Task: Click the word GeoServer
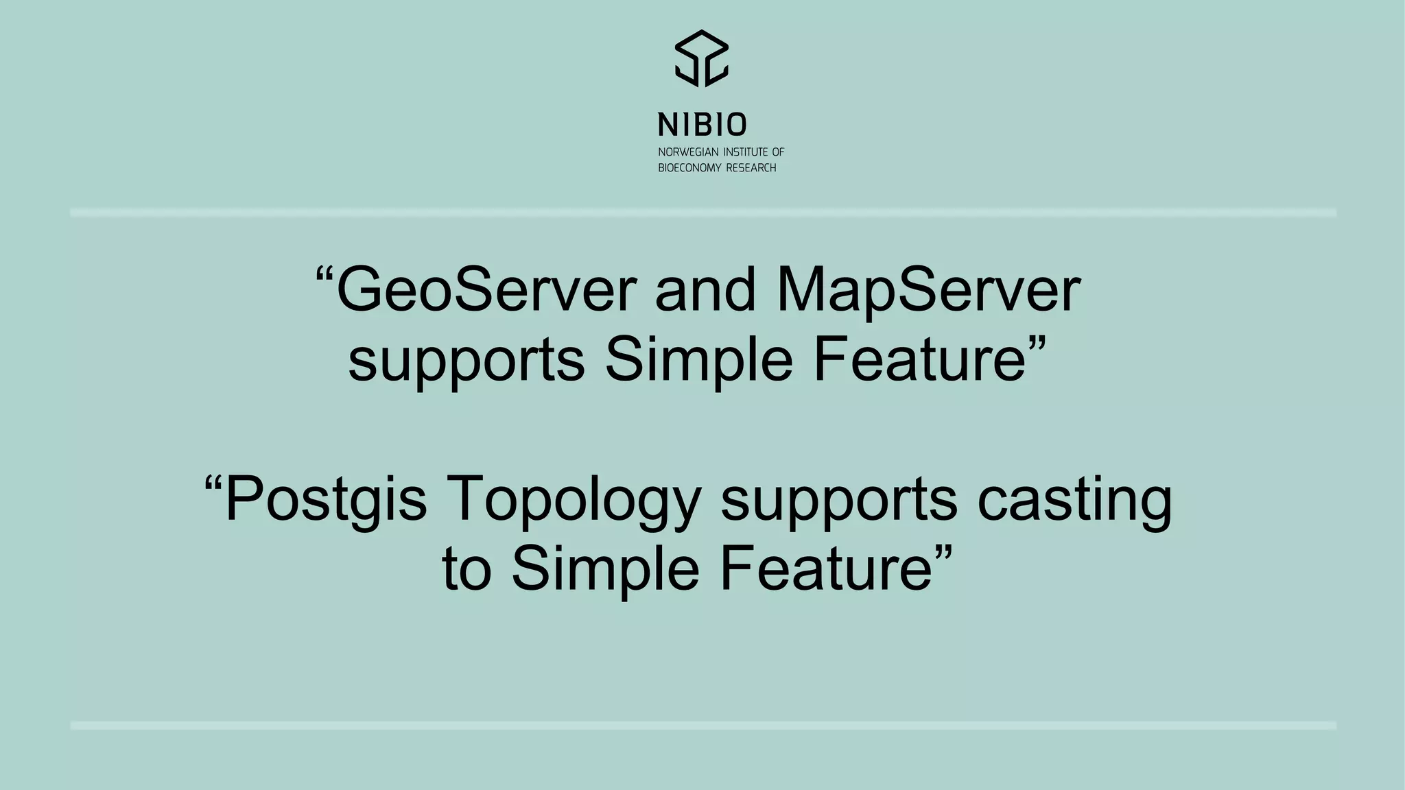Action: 486,291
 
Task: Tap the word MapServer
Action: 928,291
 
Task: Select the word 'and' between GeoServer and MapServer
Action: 705,291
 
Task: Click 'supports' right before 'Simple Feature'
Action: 467,361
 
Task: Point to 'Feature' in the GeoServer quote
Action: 919,361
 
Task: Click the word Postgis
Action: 326,499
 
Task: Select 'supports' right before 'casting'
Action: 839,499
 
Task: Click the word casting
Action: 1074,499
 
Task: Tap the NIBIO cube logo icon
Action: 702,58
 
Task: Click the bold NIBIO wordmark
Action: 702,125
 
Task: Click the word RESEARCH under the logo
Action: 751,168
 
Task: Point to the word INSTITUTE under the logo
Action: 746,152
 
